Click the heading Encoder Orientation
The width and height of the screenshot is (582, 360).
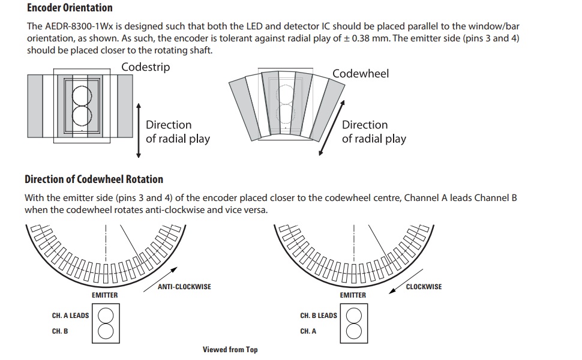point(70,7)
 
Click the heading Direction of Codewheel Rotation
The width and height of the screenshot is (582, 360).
point(94,179)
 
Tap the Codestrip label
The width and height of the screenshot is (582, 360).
point(145,67)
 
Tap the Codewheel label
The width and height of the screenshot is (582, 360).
point(361,73)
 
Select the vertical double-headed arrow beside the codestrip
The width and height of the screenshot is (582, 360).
point(139,131)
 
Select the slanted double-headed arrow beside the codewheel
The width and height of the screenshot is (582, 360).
point(332,128)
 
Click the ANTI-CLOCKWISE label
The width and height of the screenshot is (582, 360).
point(184,287)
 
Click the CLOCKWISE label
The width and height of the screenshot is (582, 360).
point(424,287)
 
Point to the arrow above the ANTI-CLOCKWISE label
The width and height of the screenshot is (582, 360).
point(160,280)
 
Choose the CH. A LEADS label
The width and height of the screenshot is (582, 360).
point(71,316)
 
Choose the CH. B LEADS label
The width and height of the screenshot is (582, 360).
point(319,316)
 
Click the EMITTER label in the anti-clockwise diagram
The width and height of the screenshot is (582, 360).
point(104,295)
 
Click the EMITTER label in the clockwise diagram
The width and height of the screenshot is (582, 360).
point(353,295)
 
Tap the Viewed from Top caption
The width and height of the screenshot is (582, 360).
point(230,350)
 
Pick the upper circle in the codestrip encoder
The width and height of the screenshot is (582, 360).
point(82,96)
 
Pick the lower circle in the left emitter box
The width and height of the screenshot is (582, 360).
point(106,331)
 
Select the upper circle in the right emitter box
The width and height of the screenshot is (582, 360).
point(354,316)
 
